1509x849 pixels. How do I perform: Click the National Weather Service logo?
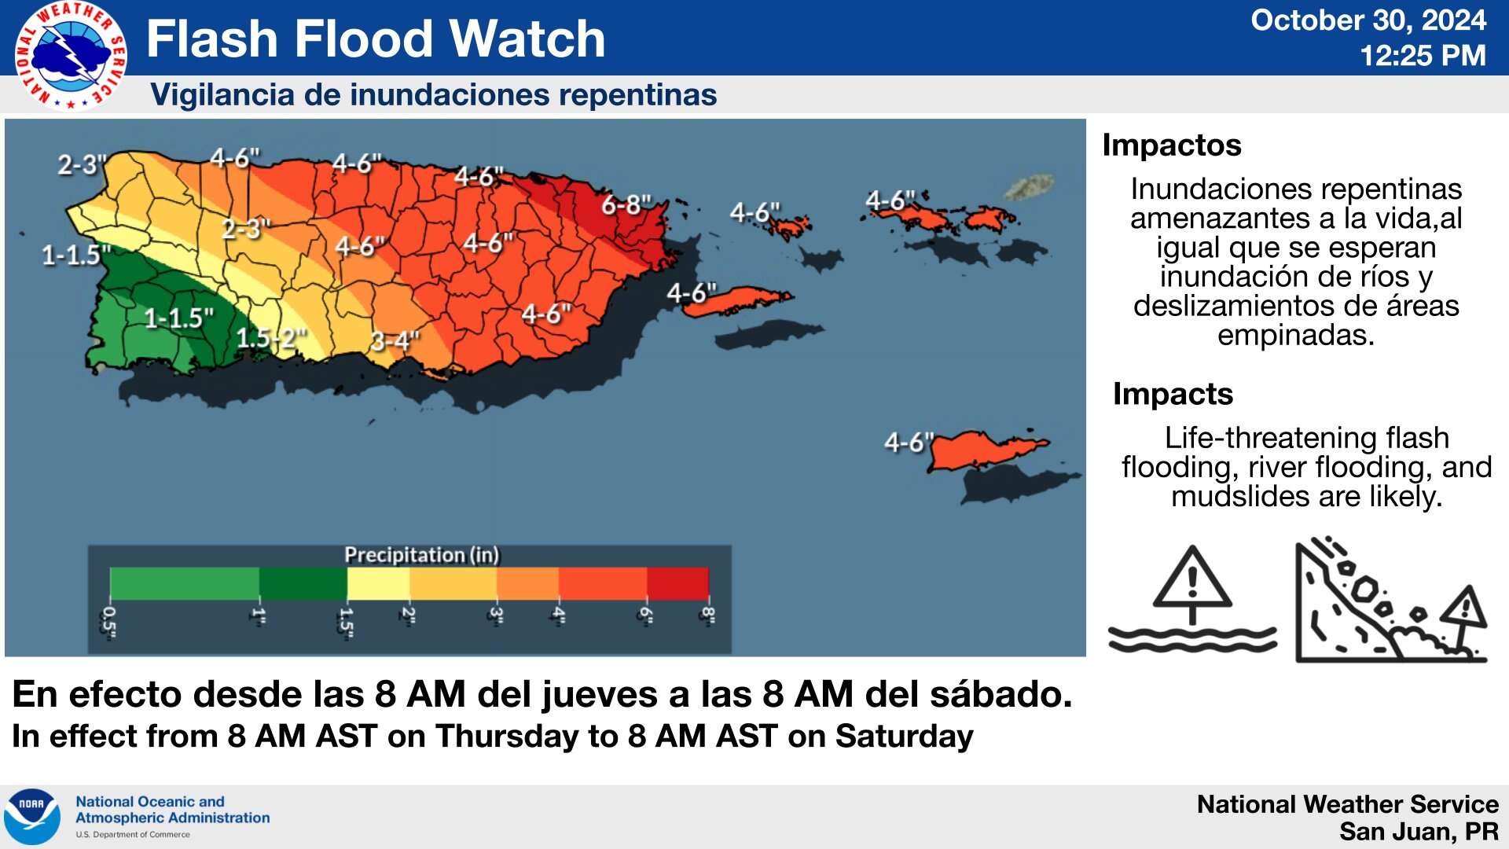tap(71, 55)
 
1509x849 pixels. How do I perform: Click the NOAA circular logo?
tap(32, 817)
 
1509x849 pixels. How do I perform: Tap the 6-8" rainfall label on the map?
tap(626, 206)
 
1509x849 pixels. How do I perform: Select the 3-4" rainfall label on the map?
tap(395, 341)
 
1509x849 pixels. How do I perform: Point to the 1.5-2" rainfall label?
tap(271, 338)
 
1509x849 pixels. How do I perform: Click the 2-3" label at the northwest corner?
tap(82, 165)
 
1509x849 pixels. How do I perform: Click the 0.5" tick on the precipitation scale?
tap(109, 620)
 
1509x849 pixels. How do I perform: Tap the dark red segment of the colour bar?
tap(677, 583)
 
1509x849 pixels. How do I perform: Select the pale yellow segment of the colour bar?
tap(378, 583)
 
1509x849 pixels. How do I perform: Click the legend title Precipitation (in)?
tap(422, 555)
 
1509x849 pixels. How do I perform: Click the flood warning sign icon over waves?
tap(1192, 601)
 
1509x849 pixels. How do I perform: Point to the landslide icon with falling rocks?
tap(1390, 601)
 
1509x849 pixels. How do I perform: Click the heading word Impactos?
tap(1171, 145)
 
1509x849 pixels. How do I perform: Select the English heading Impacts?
tap(1173, 394)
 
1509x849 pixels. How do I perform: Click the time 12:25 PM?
tap(1423, 56)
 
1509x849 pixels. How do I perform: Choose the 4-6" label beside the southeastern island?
tap(909, 443)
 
